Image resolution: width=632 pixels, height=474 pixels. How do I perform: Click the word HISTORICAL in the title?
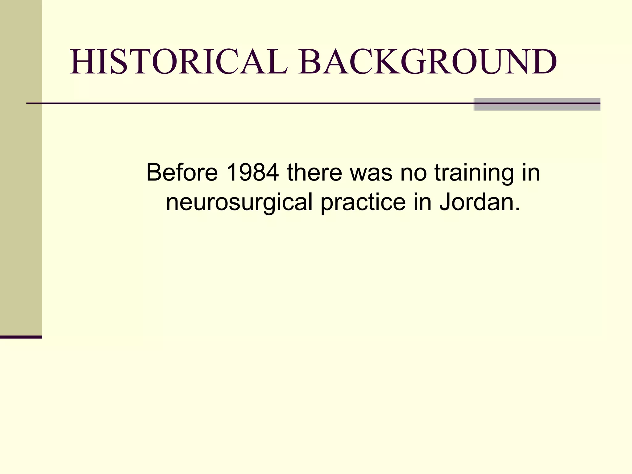pos(179,62)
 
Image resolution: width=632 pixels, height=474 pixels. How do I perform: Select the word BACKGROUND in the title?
pos(428,62)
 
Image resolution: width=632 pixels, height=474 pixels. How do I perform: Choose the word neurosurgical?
pos(239,202)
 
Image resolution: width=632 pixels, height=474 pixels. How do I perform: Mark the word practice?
pos(363,202)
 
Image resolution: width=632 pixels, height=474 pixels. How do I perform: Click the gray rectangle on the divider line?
pos(537,104)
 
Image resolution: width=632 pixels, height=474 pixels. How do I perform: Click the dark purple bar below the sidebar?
pos(21,337)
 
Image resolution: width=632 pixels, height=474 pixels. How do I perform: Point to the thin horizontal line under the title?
pos(247,103)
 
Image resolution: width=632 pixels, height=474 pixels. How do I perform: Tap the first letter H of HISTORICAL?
pos(82,62)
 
